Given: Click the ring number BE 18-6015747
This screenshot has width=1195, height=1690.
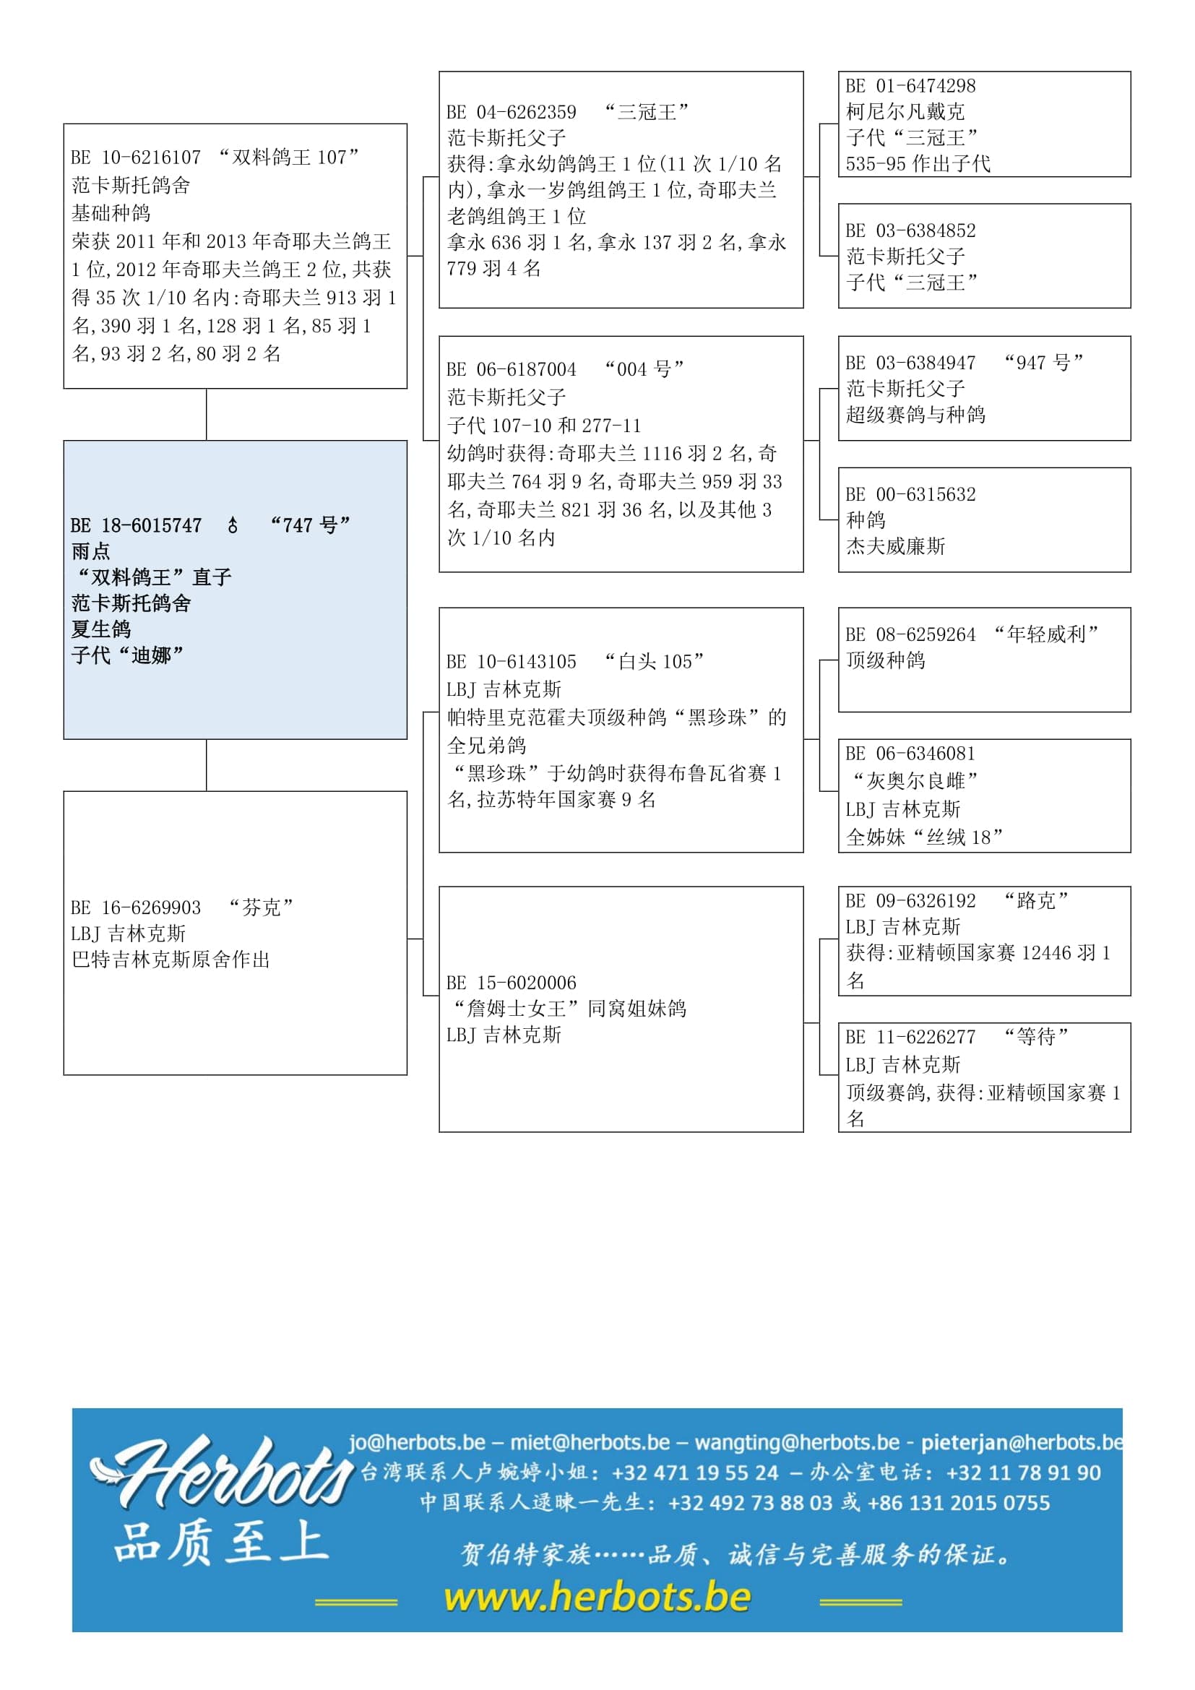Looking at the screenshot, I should click(136, 525).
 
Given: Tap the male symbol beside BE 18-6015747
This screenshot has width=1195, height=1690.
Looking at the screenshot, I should click(233, 525).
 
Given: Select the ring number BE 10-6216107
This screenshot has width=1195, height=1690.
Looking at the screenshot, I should click(136, 158).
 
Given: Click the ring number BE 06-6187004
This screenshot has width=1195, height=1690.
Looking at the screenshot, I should click(512, 369).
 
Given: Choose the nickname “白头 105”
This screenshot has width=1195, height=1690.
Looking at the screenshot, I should click(653, 662).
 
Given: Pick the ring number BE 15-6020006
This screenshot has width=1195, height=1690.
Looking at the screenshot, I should click(512, 983).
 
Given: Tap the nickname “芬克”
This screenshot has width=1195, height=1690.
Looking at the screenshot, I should click(262, 907).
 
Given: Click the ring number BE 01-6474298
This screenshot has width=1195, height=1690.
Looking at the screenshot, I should click(910, 86).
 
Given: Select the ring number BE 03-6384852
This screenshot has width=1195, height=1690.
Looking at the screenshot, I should click(910, 230).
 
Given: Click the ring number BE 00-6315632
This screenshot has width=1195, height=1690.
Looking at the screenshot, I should click(910, 495).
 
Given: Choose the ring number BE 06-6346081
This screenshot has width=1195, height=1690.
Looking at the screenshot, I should click(910, 754).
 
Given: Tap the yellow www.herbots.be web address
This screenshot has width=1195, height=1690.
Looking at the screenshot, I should click(597, 1598).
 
